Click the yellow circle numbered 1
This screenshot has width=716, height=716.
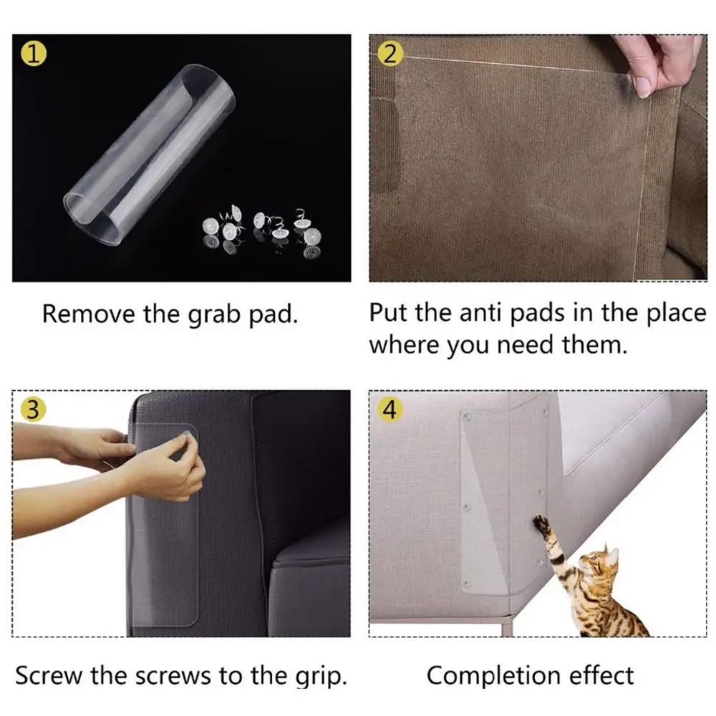pos(34,54)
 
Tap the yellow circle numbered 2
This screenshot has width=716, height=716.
pos(390,54)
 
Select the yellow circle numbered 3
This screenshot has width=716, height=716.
pos(34,409)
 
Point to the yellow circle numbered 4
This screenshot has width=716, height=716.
pos(390,409)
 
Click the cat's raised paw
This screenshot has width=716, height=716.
pos(541,523)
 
